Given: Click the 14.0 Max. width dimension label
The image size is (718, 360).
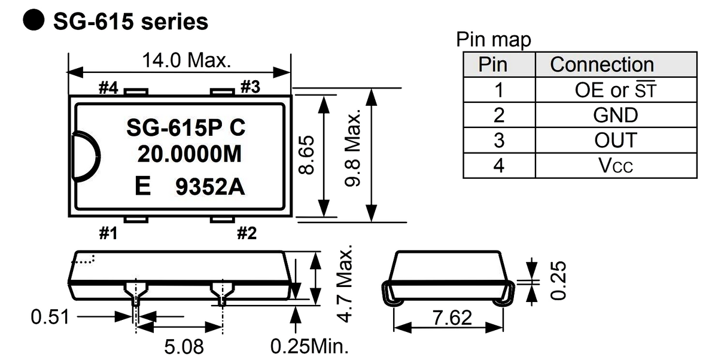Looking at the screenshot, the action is coord(186,60).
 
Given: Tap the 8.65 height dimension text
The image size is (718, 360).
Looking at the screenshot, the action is coord(306,155).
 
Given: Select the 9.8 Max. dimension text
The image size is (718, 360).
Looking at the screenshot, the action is coord(352,148).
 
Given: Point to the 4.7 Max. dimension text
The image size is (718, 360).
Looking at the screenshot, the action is coord(345,284).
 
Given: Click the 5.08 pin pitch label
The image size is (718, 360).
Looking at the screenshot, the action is coord(184,347).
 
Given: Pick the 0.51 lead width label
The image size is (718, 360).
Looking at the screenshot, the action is coord(50,317).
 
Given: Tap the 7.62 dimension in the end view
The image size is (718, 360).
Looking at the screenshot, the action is coord(452,318).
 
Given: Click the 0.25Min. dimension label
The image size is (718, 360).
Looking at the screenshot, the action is coord(309,346).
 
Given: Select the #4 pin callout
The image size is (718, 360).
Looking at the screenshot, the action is coord(108,87).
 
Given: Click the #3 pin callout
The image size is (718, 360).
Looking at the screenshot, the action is coord(250,87).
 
